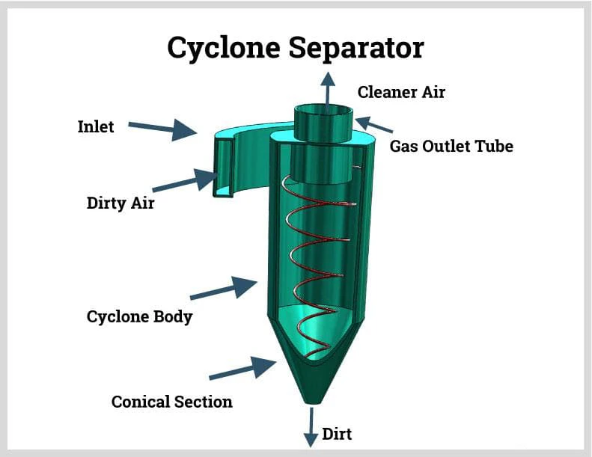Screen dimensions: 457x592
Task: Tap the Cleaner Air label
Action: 401,92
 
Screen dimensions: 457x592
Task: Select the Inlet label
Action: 96,126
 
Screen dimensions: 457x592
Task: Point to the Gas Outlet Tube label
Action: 451,146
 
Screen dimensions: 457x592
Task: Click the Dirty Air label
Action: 120,202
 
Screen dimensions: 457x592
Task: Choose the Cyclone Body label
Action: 139,316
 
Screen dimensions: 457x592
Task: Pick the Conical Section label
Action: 171,402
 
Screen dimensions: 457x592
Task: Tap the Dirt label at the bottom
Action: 337,434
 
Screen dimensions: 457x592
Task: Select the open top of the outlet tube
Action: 323,111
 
